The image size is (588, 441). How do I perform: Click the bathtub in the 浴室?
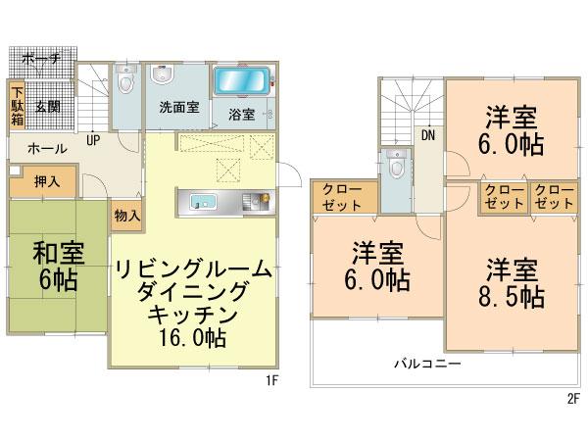tap(241, 81)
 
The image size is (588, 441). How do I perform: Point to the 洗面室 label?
tap(177, 109)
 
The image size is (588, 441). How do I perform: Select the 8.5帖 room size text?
tap(512, 295)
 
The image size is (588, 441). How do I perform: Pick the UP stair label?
tap(93, 139)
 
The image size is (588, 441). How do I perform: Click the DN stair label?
tap(428, 135)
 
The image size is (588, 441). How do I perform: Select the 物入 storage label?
tap(125, 214)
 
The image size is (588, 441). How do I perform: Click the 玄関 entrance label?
tap(49, 106)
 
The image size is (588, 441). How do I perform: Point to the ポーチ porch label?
tap(40, 60)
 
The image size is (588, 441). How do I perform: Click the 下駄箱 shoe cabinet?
tap(18, 105)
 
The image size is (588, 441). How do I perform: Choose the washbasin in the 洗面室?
tap(162, 76)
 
